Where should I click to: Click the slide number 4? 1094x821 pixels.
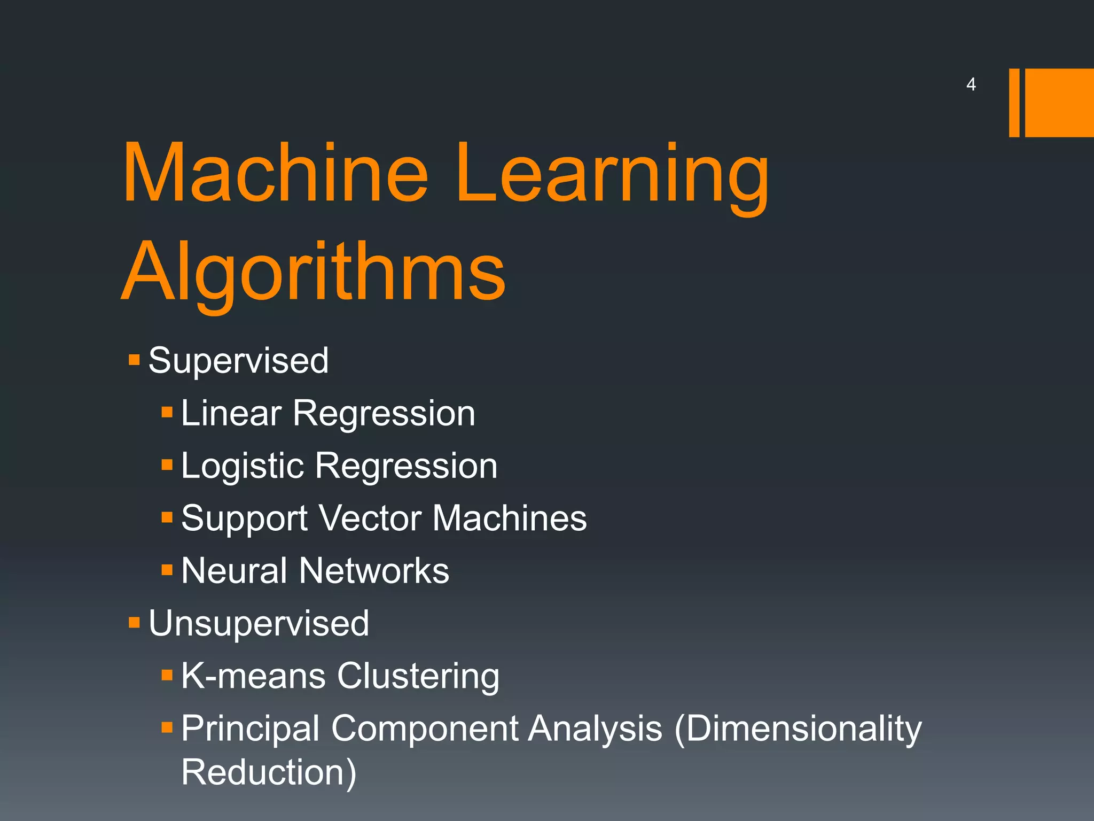971,84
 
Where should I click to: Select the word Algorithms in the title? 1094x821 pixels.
314,273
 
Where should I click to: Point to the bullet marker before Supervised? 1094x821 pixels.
134,359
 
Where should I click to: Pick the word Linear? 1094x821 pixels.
231,413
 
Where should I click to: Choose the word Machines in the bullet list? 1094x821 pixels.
510,518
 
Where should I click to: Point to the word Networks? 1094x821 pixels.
374,570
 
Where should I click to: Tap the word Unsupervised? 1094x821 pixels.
259,624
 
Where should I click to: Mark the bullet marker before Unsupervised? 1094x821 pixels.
134,622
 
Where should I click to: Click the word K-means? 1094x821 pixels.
253,676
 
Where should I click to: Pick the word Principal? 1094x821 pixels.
250,729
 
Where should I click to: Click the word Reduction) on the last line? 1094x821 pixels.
269,772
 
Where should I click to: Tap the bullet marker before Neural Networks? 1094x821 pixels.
167,570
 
